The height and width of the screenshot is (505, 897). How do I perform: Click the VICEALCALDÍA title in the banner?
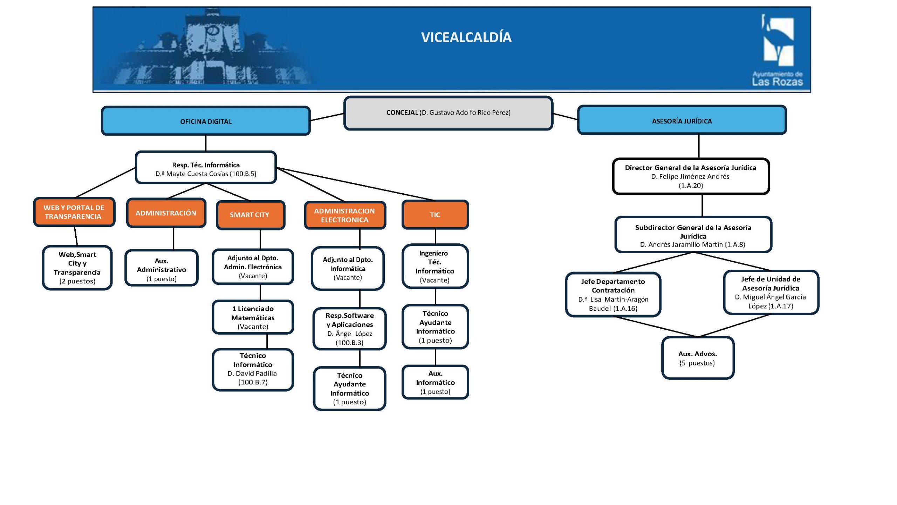click(466, 37)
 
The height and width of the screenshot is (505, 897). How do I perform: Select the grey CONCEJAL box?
click(448, 113)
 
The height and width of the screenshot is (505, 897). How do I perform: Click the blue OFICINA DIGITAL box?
click(206, 121)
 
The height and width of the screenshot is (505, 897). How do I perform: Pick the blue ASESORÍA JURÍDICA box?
click(682, 121)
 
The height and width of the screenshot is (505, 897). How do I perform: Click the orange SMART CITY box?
click(250, 215)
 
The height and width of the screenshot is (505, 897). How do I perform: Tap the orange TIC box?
click(435, 215)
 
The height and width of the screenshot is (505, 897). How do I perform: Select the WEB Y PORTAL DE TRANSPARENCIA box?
click(74, 212)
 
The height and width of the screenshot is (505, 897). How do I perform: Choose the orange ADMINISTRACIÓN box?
click(166, 213)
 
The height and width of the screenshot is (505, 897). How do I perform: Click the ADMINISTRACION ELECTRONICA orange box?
click(345, 215)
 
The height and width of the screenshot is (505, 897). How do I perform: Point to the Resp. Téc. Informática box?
click(206, 168)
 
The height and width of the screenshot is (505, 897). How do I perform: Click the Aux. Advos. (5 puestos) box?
click(697, 358)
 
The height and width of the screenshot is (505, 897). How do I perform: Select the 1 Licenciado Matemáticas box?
click(253, 317)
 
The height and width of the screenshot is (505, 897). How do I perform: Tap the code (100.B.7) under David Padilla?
click(253, 382)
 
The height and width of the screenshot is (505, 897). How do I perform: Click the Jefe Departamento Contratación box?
click(613, 295)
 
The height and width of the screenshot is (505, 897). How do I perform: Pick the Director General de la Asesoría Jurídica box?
click(690, 176)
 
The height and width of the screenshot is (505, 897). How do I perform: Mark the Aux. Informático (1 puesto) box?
click(435, 382)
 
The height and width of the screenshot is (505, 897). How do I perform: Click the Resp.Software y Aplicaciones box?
click(349, 329)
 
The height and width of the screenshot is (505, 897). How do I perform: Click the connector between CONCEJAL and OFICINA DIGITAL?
click(327, 117)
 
